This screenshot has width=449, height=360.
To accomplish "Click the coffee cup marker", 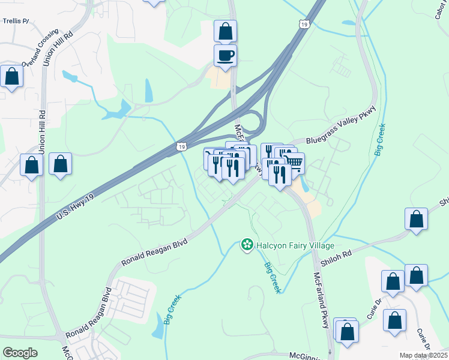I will pyautogui.click(x=225, y=56).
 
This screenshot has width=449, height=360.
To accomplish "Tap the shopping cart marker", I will pyautogui.click(x=294, y=163).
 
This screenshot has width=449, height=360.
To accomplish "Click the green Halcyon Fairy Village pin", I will pyautogui.click(x=246, y=244).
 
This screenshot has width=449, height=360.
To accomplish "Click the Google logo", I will pyautogui.click(x=20, y=353).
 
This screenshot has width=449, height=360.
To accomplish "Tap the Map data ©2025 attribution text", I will pyautogui.click(x=424, y=355).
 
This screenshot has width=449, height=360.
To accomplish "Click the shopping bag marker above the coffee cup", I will pyautogui.click(x=225, y=31).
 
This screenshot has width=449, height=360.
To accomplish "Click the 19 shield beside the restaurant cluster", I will pyautogui.click(x=181, y=146).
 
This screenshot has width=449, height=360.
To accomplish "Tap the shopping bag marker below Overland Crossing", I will pyautogui.click(x=12, y=76).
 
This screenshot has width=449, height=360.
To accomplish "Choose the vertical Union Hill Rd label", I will pyautogui.click(x=42, y=131).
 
